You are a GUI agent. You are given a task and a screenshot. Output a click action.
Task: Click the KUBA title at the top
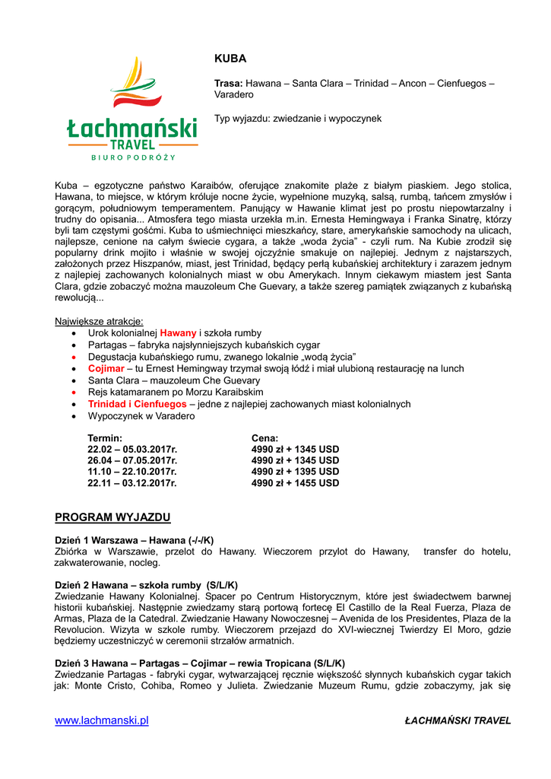230,59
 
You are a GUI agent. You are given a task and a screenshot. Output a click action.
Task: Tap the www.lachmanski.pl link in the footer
101,720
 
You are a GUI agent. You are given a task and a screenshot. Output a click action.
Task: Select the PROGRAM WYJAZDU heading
112,517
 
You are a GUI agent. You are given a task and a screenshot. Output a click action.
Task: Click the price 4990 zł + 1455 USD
295,483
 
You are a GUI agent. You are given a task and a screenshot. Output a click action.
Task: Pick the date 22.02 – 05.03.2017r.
132,450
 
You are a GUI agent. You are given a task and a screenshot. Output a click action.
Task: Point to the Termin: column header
105,438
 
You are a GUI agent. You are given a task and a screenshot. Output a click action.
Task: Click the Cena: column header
264,438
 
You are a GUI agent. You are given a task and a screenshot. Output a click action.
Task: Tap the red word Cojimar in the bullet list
106,369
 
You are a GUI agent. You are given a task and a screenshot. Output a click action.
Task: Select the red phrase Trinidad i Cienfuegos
137,404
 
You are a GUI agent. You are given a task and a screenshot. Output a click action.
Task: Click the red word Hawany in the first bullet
178,333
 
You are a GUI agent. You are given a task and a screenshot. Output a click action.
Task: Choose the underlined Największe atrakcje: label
99,321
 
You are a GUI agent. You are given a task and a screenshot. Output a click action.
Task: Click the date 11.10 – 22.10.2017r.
132,472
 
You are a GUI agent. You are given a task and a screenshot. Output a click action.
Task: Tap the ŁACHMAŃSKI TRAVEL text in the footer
458,720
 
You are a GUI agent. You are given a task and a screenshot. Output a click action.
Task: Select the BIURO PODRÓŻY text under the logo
133,157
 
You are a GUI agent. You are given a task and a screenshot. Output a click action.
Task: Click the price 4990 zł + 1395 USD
295,472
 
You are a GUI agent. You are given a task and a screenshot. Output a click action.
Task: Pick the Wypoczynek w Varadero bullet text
141,416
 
